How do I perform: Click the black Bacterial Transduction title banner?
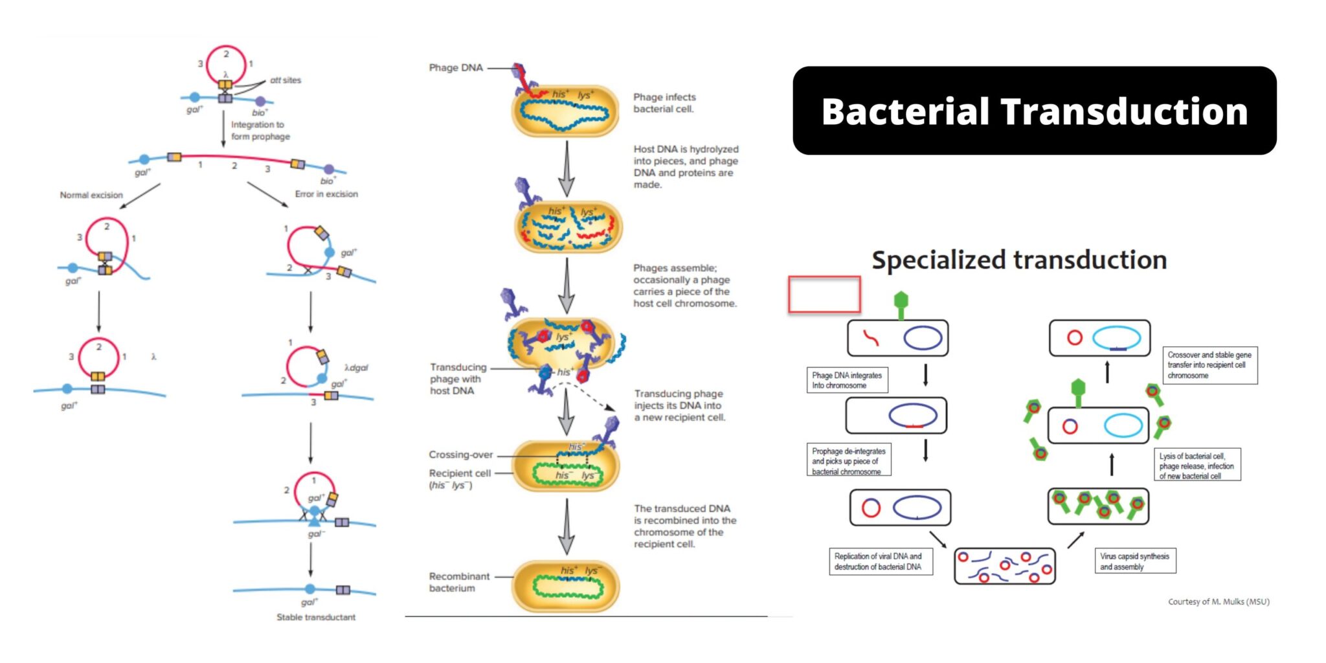(x=1034, y=111)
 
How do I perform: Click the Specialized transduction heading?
(x=1019, y=260)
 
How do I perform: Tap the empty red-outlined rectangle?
(x=824, y=295)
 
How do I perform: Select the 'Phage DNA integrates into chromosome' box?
(x=847, y=380)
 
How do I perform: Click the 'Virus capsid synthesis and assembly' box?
(x=1134, y=561)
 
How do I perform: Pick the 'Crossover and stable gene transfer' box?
(x=1209, y=365)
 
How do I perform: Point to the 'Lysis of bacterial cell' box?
(x=1197, y=466)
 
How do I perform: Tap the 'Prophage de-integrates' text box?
(x=849, y=461)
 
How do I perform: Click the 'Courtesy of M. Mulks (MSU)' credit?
(x=1219, y=601)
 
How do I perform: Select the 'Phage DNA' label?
(x=456, y=67)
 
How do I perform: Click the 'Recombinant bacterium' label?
(x=459, y=582)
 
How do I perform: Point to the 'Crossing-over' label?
(x=460, y=455)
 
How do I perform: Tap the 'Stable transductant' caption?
(x=316, y=617)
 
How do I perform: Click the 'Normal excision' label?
(x=91, y=195)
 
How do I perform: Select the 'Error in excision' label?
(x=326, y=194)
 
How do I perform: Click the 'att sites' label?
(x=286, y=80)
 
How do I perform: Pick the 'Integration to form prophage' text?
(x=260, y=130)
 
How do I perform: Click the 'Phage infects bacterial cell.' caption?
(x=664, y=103)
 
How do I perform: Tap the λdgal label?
(x=356, y=367)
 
